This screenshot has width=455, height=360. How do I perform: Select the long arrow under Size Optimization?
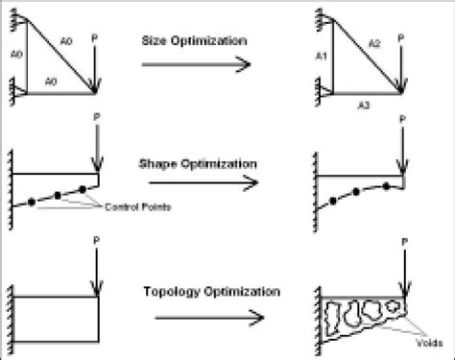click(197, 64)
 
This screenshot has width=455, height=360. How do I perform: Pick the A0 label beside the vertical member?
click(12, 54)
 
